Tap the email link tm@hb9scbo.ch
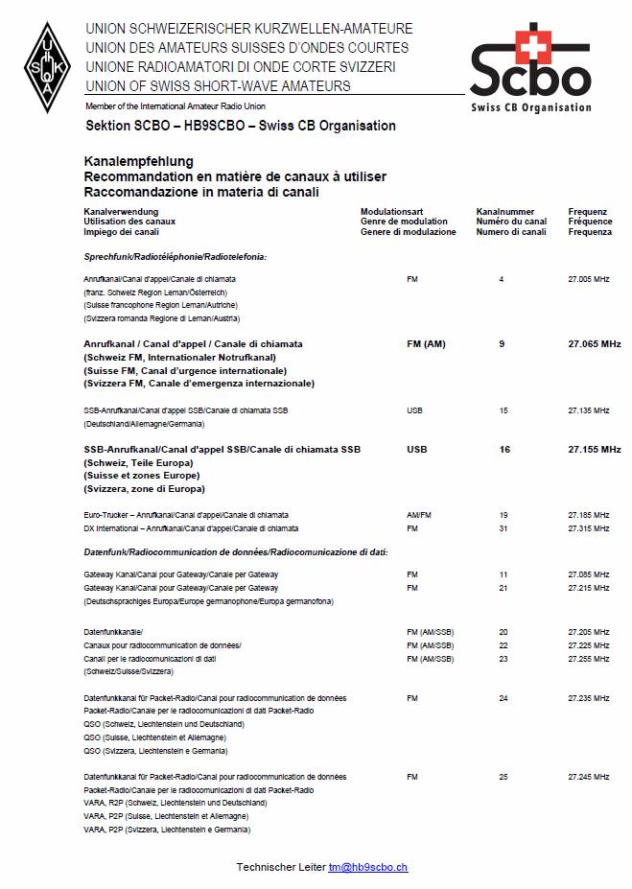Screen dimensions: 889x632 (367, 867)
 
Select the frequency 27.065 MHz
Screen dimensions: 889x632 (594, 343)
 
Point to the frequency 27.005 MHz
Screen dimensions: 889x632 (588, 279)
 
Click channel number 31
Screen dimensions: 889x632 (503, 528)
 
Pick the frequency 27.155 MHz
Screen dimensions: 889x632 (594, 449)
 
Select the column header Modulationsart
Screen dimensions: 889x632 (391, 211)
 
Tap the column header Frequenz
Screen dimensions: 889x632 (588, 211)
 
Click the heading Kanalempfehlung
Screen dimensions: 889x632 (139, 161)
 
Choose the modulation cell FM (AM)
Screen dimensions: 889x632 (426, 343)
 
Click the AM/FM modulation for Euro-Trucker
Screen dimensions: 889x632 (419, 515)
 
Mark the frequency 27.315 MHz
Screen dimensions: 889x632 (588, 528)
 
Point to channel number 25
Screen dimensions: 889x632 (503, 777)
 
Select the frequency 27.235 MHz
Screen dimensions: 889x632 (588, 698)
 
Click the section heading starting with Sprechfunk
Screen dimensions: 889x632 (176, 257)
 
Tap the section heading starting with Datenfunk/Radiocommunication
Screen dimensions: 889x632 (235, 552)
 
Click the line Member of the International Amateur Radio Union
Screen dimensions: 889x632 (176, 105)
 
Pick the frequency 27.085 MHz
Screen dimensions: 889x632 (588, 574)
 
